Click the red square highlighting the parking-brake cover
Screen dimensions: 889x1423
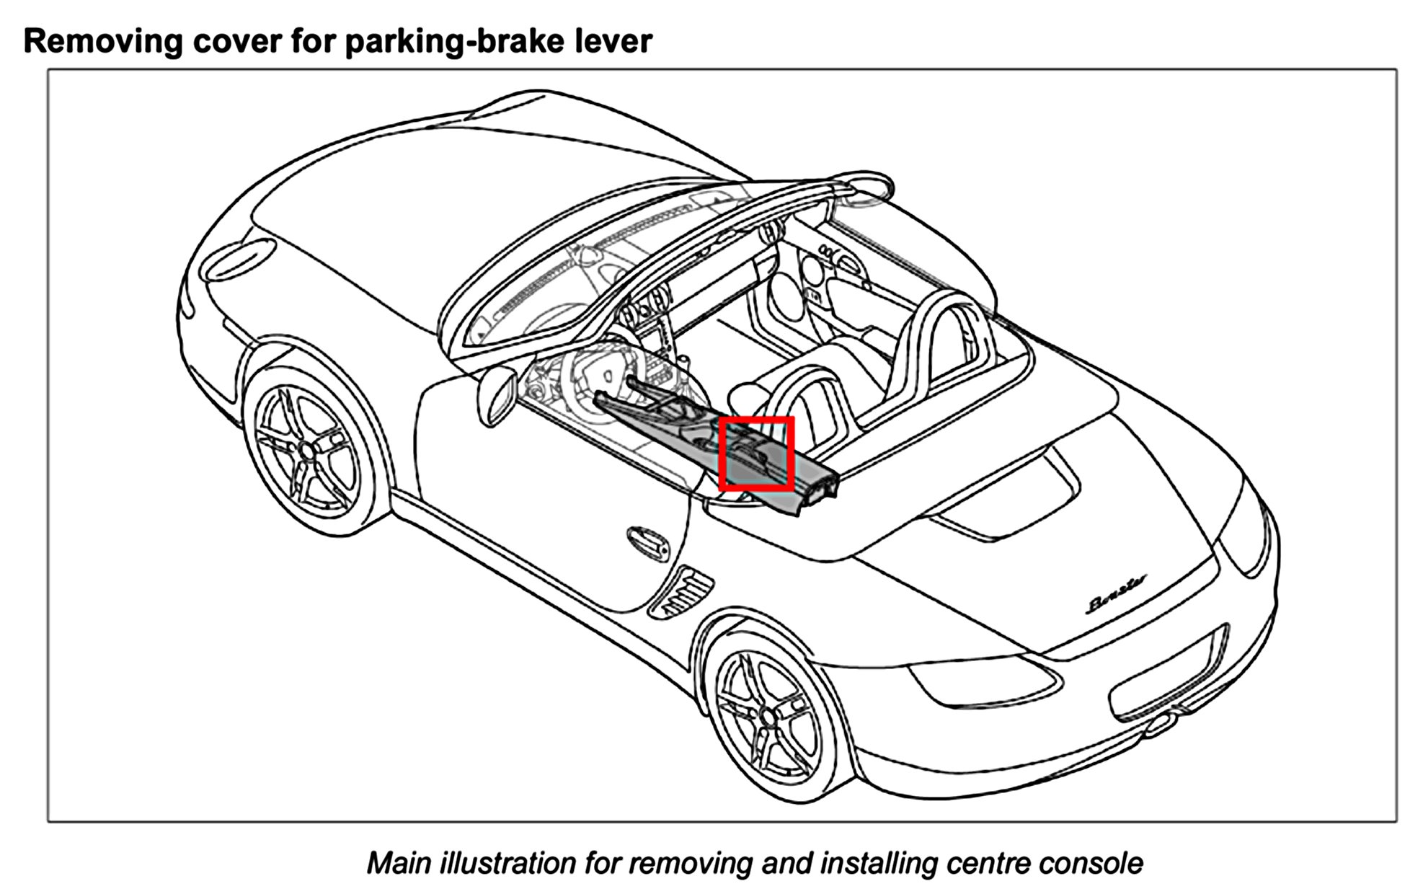pos(756,454)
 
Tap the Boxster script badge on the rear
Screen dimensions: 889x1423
pos(1117,602)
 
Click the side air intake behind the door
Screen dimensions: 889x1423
pos(681,591)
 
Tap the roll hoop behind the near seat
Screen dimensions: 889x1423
pos(815,404)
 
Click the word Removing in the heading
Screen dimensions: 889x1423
pos(102,42)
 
